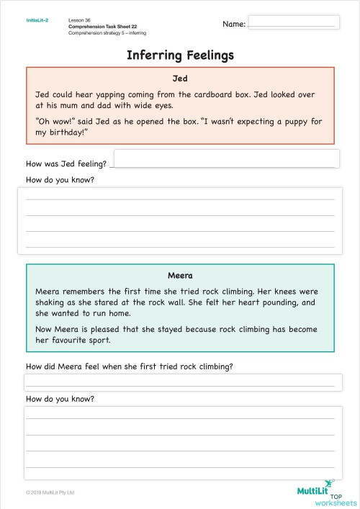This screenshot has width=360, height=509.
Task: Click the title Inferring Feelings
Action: (180, 55)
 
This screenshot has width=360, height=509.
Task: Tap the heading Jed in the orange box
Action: (180, 79)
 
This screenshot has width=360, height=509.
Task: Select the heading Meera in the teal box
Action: (180, 276)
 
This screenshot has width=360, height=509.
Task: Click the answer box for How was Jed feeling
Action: (226, 158)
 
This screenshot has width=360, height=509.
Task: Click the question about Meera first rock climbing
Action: (129, 366)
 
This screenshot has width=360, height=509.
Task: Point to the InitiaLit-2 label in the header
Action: (37, 22)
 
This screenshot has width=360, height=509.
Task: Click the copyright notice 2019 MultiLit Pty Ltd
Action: (50, 492)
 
